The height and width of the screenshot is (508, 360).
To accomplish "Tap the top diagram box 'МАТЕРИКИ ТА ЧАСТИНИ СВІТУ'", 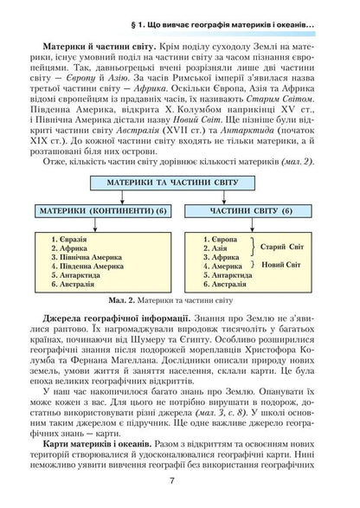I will tap(179, 185).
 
